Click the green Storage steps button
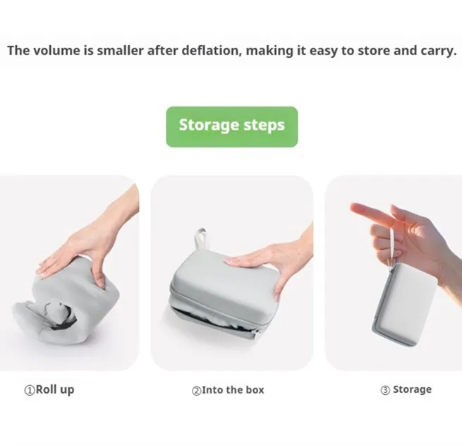click(x=231, y=126)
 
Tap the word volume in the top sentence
click(x=56, y=51)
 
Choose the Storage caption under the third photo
click(x=411, y=389)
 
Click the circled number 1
click(x=30, y=389)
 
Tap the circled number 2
click(x=197, y=389)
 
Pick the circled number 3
click(x=385, y=389)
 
